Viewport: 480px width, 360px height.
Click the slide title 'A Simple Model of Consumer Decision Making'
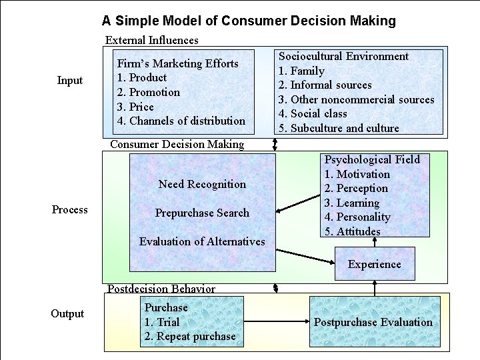249,21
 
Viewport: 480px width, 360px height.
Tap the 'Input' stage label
70,81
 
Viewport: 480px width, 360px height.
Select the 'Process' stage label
70,210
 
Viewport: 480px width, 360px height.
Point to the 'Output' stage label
67,314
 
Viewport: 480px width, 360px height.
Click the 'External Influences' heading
152,40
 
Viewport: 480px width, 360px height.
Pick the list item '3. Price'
135,107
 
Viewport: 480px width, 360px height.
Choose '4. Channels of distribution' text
181,121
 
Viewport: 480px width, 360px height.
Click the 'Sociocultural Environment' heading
343,57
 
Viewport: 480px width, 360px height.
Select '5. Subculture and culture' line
339,128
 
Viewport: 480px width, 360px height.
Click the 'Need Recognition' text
202,184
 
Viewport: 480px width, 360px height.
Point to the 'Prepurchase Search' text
202,213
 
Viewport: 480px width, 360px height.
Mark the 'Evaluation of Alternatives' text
202,241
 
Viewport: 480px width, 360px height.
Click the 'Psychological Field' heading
372,159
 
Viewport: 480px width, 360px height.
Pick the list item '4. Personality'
357,217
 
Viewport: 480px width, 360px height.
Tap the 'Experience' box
375,264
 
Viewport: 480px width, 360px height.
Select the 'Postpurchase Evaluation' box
373,323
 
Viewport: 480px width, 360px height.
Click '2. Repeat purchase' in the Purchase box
190,337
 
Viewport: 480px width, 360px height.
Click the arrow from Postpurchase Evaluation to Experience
375,289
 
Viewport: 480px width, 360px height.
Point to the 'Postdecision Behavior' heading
161,289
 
